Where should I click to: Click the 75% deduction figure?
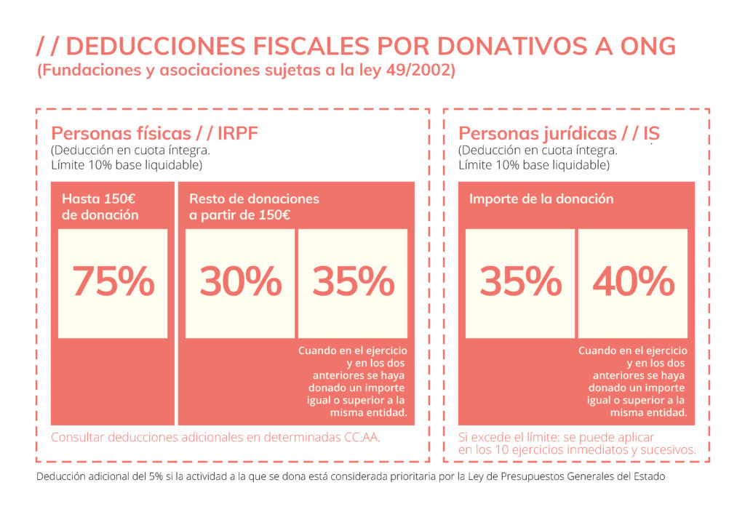113,282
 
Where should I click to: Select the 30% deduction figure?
240,282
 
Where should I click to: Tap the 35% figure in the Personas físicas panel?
353,282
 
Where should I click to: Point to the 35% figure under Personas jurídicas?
520,282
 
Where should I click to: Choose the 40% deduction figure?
633,282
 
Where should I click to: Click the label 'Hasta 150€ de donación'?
100,207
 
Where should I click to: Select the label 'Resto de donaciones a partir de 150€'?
254,207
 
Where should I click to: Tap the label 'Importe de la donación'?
541,199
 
